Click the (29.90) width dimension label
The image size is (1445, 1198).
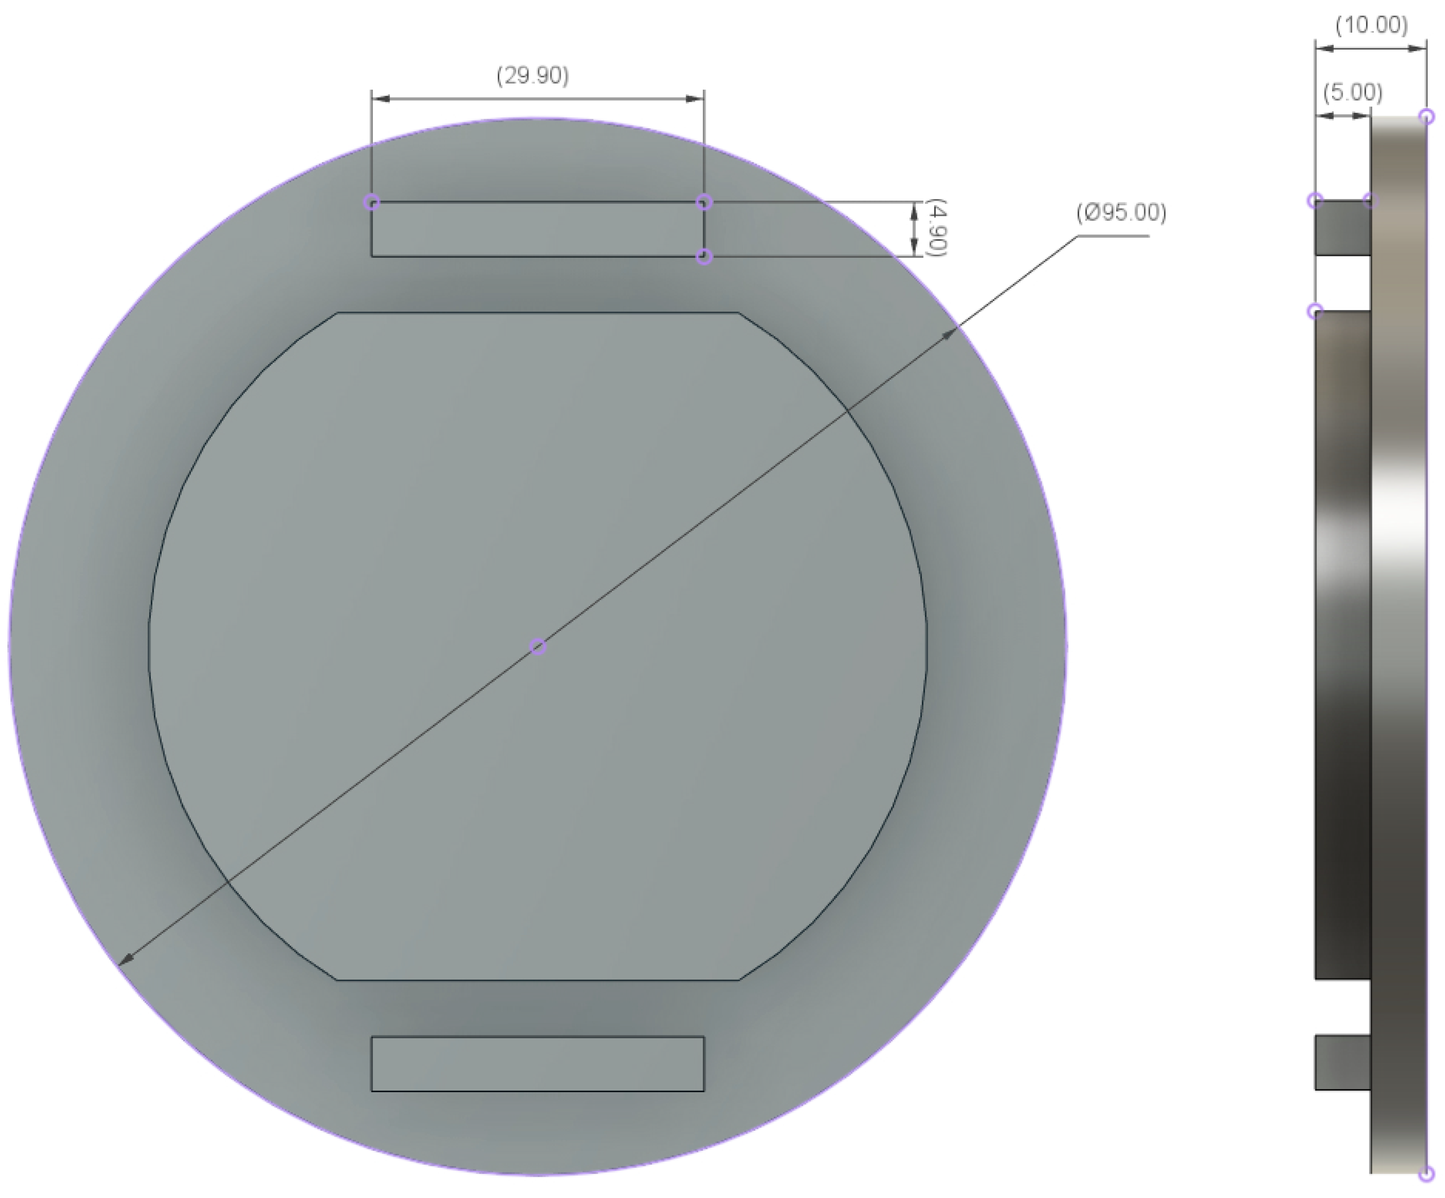click(x=532, y=76)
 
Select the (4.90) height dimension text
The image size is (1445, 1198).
click(x=937, y=229)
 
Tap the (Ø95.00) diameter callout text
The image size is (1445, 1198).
click(x=1121, y=213)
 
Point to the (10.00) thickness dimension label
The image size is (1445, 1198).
click(x=1371, y=26)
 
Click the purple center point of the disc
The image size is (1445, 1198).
click(x=538, y=647)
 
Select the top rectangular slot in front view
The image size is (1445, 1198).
click(x=538, y=230)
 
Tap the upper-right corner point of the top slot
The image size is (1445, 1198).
click(x=703, y=202)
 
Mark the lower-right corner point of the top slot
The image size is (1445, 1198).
click(x=703, y=257)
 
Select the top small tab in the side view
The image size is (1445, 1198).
click(x=1342, y=229)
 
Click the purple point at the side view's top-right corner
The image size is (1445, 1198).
click(x=1427, y=116)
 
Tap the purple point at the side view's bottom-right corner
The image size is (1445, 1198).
click(x=1427, y=1173)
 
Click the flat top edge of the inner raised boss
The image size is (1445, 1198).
click(x=538, y=313)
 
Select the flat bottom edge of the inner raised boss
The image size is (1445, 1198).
click(x=538, y=979)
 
